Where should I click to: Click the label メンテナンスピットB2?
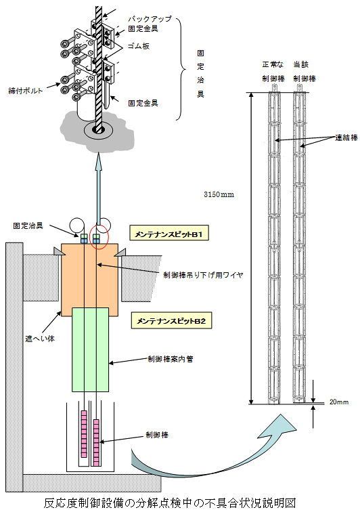pyautogui.click(x=171, y=320)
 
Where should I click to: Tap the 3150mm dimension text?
pyautogui.click(x=219, y=194)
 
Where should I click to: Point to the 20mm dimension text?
pyautogui.click(x=338, y=402)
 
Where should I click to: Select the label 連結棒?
pyautogui.click(x=346, y=137)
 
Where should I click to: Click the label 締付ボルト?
pyautogui.click(x=25, y=91)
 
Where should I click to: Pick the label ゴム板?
pyautogui.click(x=139, y=46)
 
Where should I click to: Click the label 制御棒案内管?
pyautogui.click(x=171, y=359)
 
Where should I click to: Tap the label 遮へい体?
pyautogui.click(x=40, y=339)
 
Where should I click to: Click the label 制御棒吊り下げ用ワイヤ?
pyautogui.click(x=203, y=275)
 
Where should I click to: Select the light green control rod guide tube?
pyautogui.click(x=91, y=349)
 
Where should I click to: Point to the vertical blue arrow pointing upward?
pyautogui.click(x=99, y=190)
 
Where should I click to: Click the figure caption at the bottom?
pyautogui.click(x=170, y=503)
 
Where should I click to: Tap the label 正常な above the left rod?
pyautogui.click(x=273, y=64)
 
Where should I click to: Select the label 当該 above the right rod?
pyautogui.click(x=300, y=64)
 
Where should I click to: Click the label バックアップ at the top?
pyautogui.click(x=150, y=19)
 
